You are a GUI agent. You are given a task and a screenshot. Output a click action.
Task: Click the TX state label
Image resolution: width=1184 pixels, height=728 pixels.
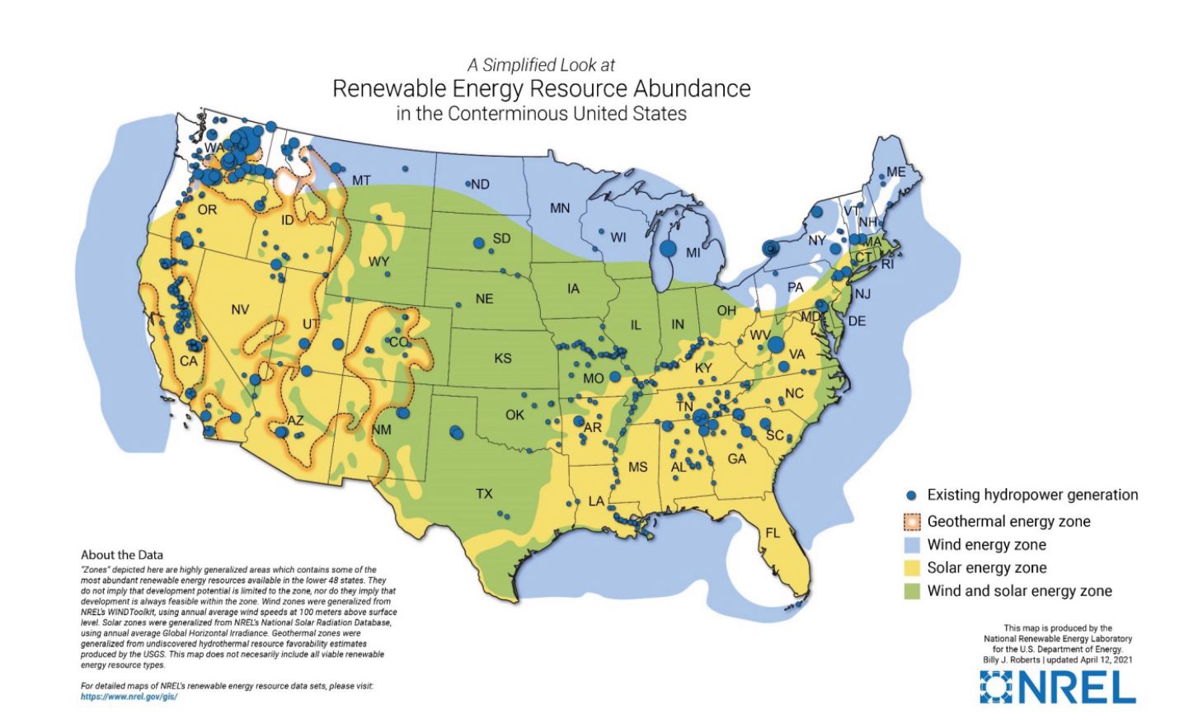[484, 494]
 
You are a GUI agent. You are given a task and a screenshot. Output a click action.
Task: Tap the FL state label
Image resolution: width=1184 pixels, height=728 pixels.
[772, 533]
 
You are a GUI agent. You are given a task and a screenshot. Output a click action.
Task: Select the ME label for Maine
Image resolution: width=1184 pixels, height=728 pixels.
[895, 172]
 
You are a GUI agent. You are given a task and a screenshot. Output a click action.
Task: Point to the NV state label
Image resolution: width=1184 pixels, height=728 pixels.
[240, 310]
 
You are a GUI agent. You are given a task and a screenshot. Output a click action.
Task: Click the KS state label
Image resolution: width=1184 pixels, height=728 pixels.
[503, 358]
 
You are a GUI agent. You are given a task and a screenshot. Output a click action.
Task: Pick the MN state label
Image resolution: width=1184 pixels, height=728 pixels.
[560, 208]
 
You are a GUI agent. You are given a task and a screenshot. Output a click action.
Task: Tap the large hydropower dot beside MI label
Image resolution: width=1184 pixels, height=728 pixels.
[668, 247]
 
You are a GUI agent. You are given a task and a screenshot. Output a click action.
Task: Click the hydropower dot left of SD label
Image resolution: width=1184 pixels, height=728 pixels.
[478, 242]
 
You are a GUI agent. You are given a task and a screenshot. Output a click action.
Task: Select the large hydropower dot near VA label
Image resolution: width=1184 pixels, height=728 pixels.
[776, 345]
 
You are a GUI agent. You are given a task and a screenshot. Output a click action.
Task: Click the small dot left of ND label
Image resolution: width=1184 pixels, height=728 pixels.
[467, 183]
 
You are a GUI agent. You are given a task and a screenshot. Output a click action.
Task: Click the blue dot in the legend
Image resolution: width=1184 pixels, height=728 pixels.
[911, 496]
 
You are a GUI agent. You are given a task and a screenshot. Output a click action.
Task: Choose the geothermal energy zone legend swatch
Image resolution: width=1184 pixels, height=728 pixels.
[911, 522]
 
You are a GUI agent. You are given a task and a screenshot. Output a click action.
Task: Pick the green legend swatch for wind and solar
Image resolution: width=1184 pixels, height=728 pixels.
[911, 591]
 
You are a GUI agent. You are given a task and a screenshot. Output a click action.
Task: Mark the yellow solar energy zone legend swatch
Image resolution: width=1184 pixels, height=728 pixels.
[911, 568]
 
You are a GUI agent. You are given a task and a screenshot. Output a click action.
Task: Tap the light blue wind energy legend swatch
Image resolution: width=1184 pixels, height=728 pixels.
[911, 545]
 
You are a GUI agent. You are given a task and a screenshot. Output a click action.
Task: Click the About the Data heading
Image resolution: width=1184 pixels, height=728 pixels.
[122, 555]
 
